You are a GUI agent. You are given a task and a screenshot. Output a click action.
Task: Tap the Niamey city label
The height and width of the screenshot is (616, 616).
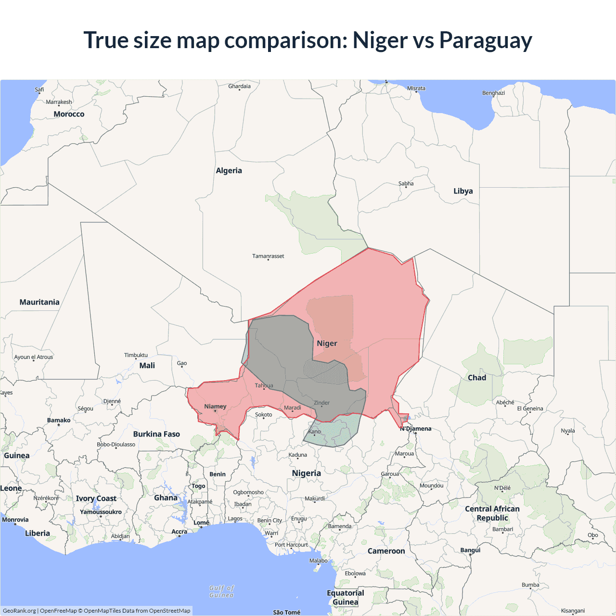point(215,406)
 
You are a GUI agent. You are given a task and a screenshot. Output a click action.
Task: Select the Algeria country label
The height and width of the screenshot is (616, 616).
point(229,170)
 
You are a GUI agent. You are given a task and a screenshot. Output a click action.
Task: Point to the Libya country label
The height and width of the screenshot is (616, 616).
point(463,191)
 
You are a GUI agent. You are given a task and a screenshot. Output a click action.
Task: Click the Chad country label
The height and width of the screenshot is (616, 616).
point(477,378)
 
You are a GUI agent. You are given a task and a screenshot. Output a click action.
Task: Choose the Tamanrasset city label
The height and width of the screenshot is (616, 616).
point(268,256)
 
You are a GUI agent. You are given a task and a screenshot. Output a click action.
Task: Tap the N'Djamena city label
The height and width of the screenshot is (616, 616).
point(417,428)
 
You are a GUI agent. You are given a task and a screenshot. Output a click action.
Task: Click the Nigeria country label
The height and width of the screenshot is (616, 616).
point(306,473)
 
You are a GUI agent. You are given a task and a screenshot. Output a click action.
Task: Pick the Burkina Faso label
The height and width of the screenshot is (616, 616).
point(156,434)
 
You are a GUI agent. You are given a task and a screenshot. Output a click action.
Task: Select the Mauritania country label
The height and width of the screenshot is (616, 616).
point(39,302)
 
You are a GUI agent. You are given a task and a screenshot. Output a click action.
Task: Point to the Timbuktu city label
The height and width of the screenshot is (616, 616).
point(136,355)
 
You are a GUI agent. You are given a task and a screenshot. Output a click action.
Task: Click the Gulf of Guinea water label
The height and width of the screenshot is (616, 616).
point(221,591)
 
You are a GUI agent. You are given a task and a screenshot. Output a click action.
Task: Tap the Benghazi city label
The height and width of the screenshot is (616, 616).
point(493,93)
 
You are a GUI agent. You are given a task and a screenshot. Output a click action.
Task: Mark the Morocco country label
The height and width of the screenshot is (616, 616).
point(69,114)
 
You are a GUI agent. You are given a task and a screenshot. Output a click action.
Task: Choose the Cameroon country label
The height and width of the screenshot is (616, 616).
point(386,551)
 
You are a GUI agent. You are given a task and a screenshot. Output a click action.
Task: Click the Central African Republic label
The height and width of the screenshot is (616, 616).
point(492,513)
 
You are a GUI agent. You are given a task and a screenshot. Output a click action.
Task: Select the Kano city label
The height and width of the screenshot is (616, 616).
point(314,432)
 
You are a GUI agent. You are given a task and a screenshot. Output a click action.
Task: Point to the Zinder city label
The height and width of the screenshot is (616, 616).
point(321,403)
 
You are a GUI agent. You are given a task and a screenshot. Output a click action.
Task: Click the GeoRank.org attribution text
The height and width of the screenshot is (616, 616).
point(19,611)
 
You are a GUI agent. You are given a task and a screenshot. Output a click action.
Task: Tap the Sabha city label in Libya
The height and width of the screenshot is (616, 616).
point(406,183)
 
